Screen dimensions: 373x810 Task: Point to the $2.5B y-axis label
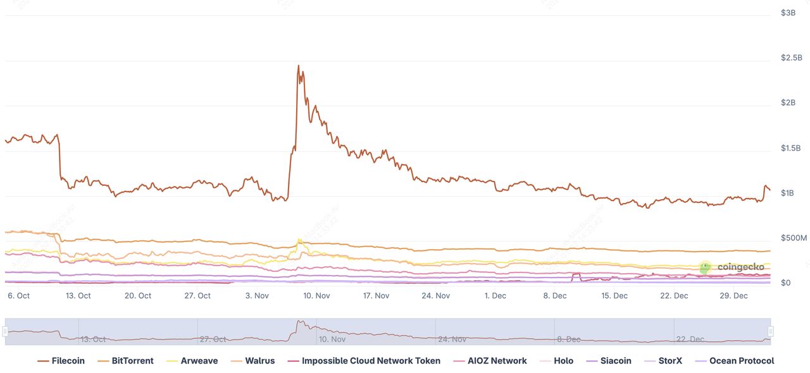(x=791, y=58)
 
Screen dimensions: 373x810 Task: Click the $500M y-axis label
(x=794, y=238)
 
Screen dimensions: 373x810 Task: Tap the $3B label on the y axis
(x=788, y=13)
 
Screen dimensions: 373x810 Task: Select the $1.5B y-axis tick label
(x=791, y=149)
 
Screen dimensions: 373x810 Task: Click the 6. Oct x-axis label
(x=19, y=296)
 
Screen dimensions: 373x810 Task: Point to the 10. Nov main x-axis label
(x=316, y=296)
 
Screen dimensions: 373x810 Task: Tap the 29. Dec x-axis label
(x=734, y=296)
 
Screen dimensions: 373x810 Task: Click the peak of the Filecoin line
(x=299, y=65)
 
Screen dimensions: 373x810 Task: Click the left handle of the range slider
(x=5, y=331)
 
